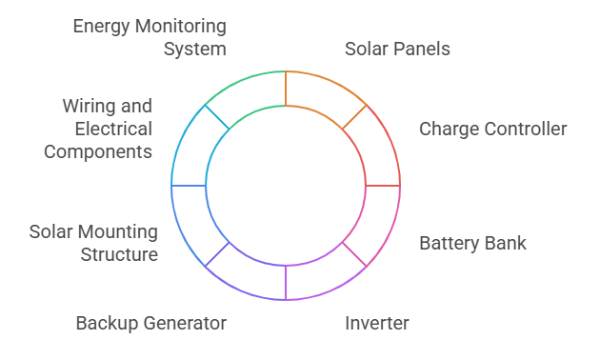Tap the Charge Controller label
coord(492,129)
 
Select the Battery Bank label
coord(472,243)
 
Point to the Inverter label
coord(376,323)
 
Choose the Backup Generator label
coord(150,323)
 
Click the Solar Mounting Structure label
coord(93,243)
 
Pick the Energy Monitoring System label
coord(150,36)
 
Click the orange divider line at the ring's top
coord(286,88)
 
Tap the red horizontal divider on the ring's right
coord(383,186)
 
